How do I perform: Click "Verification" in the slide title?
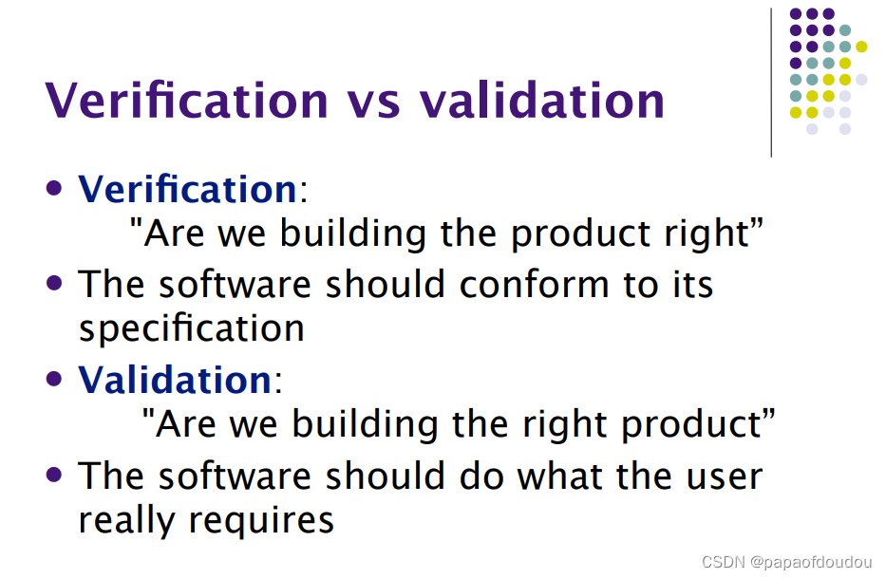pyautogui.click(x=186, y=100)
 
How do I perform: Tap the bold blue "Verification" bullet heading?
pyautogui.click(x=187, y=189)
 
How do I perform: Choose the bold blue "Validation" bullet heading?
pyautogui.click(x=175, y=380)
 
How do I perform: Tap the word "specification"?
pyautogui.click(x=191, y=329)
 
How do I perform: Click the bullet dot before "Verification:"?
pyautogui.click(x=56, y=186)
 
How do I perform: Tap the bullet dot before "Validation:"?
pyautogui.click(x=56, y=377)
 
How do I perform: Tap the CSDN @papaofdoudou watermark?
pyautogui.click(x=786, y=562)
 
